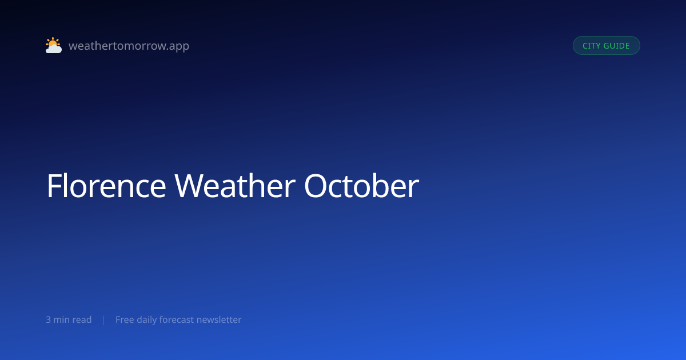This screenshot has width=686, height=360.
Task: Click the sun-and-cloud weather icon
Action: point(54,45)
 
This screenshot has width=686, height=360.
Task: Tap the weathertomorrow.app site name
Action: point(129,46)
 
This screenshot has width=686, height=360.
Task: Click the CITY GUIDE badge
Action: point(607,46)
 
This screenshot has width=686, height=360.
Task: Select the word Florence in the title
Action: point(106,186)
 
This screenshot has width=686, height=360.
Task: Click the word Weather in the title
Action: point(235,186)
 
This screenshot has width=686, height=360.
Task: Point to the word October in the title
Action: point(361,186)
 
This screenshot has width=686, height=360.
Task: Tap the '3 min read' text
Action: point(69,319)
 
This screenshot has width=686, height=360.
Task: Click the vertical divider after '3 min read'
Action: point(104,320)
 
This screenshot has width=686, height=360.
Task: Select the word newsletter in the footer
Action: point(219,319)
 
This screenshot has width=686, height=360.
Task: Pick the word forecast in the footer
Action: point(177,319)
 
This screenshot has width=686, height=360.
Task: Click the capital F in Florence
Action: point(54,186)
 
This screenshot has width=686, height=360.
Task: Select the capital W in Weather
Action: point(188,186)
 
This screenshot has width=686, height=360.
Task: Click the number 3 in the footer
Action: point(48,319)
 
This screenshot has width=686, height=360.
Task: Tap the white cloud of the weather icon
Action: point(54,49)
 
